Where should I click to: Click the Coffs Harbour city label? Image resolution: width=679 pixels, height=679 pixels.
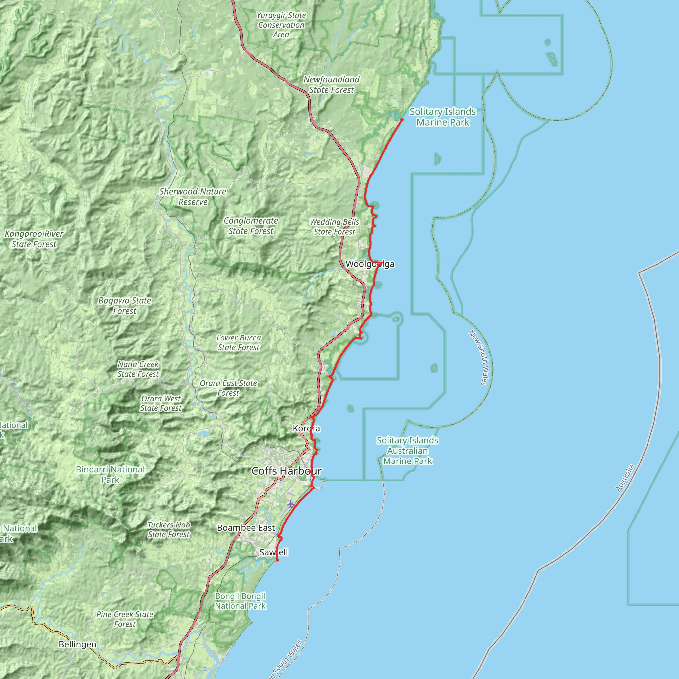(x=286, y=471)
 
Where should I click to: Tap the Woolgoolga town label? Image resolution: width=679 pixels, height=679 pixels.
(x=370, y=264)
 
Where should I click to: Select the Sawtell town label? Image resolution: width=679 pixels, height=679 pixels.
(x=274, y=552)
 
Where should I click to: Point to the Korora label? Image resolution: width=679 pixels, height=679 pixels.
(x=306, y=428)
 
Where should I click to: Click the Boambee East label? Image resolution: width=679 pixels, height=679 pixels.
(x=246, y=528)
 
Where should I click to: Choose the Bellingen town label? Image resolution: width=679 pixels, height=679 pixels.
(x=77, y=644)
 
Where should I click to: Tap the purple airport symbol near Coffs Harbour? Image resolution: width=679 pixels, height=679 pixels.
(x=290, y=504)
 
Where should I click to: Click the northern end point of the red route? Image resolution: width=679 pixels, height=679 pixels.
(x=402, y=120)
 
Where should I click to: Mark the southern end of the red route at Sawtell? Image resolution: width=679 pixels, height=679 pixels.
(x=277, y=560)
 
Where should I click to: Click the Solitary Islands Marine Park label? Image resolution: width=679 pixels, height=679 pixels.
(x=443, y=117)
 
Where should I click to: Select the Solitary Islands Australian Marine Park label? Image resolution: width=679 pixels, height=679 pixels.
(x=407, y=451)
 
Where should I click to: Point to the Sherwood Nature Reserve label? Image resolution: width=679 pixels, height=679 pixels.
(x=193, y=197)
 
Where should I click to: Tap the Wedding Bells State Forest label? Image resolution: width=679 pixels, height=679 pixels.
(x=334, y=227)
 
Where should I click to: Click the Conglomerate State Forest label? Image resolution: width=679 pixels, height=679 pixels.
(x=251, y=226)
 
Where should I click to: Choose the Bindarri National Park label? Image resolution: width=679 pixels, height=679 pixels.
(x=110, y=474)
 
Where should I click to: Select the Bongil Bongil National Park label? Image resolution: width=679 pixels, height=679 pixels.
(x=240, y=601)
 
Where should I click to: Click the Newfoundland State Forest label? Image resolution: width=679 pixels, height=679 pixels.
(x=332, y=84)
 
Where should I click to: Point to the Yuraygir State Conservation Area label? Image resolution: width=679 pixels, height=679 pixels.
(x=281, y=25)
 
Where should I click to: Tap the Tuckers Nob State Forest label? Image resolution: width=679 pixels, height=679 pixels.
(x=169, y=529)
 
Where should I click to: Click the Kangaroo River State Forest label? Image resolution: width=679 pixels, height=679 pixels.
(x=34, y=239)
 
